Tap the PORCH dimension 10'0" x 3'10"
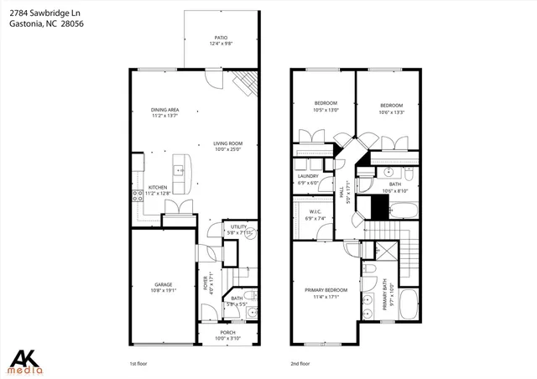coord(227,337)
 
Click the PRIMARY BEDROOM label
coord(323,292)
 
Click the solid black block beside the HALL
coord(366,205)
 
